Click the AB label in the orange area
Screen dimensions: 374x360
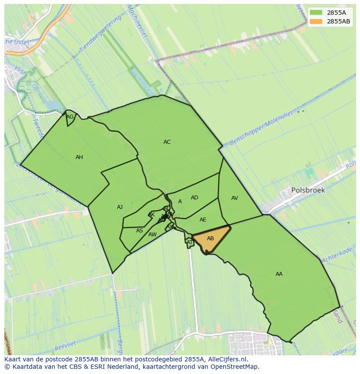[210, 238]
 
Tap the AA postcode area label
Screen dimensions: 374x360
[279, 274]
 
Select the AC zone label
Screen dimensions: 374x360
[167, 142]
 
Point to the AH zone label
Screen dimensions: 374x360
[79, 157]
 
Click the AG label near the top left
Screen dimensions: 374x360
[70, 117]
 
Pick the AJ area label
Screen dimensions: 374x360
[120, 207]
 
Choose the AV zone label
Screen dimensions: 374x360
[234, 198]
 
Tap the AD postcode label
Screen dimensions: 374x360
[194, 198]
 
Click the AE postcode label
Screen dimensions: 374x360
[203, 220]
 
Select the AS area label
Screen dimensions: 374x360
[139, 231]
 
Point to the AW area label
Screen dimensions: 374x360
[152, 235]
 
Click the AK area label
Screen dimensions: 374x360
[151, 215]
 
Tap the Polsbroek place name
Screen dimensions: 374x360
[308, 190]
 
